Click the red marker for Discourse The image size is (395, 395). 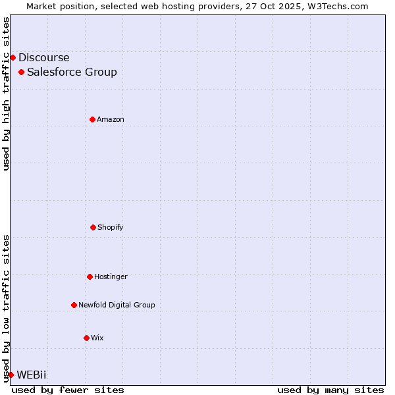(x=13, y=57)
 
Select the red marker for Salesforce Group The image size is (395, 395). (x=22, y=72)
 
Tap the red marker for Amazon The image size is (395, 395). (x=93, y=119)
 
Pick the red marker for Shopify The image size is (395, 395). (x=93, y=227)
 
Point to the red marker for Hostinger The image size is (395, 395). (x=90, y=276)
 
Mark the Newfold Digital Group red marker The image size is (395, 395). (x=74, y=305)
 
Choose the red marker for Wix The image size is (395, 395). (x=86, y=338)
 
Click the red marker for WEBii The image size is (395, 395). (x=11, y=375)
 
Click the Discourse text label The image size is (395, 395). (x=43, y=57)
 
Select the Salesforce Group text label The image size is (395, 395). (x=72, y=72)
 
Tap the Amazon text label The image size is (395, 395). (x=111, y=119)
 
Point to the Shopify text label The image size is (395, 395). (x=111, y=227)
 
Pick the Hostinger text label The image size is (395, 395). (x=111, y=276)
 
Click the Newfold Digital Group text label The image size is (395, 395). (x=117, y=305)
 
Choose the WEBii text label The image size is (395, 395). (x=32, y=375)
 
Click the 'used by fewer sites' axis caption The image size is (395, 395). (x=68, y=390)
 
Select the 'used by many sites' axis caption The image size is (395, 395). (x=330, y=390)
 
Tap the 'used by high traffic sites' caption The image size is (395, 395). (x=6, y=93)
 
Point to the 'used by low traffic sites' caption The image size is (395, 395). (x=6, y=308)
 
